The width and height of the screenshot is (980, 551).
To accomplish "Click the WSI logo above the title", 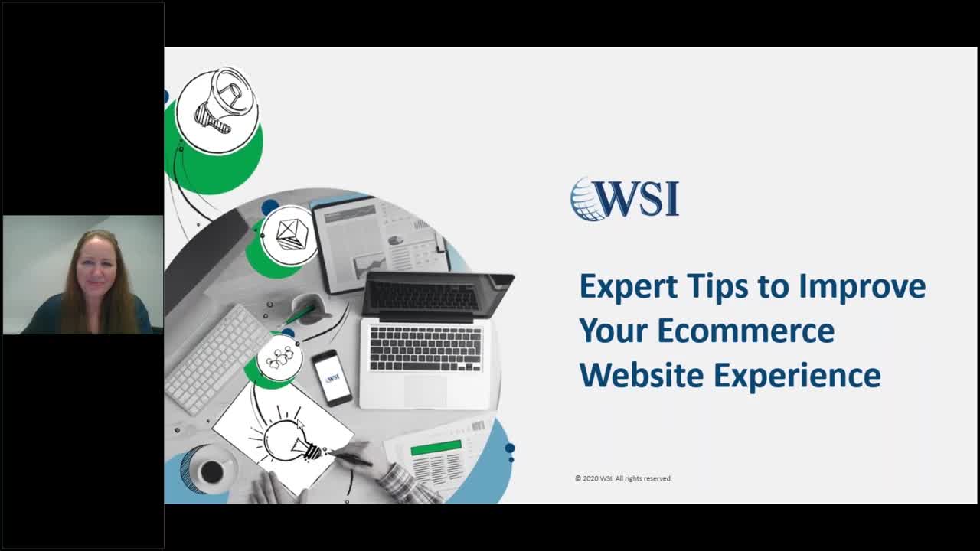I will (625, 200).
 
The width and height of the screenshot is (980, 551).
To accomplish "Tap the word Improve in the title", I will (862, 287).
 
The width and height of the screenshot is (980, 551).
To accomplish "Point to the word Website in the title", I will (642, 376).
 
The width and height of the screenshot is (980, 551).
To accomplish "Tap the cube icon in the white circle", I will (289, 233).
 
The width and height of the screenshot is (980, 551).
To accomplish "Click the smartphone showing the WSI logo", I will (332, 377).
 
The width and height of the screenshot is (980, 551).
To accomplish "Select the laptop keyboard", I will (426, 348).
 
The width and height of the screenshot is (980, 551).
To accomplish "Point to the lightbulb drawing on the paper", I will (287, 439).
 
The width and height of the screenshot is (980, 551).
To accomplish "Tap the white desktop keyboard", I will (216, 357).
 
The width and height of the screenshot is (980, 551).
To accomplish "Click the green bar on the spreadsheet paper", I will (436, 447).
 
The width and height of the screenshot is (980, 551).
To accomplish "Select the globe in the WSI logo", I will (587, 200).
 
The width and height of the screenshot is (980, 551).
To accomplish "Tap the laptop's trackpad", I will (425, 391).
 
